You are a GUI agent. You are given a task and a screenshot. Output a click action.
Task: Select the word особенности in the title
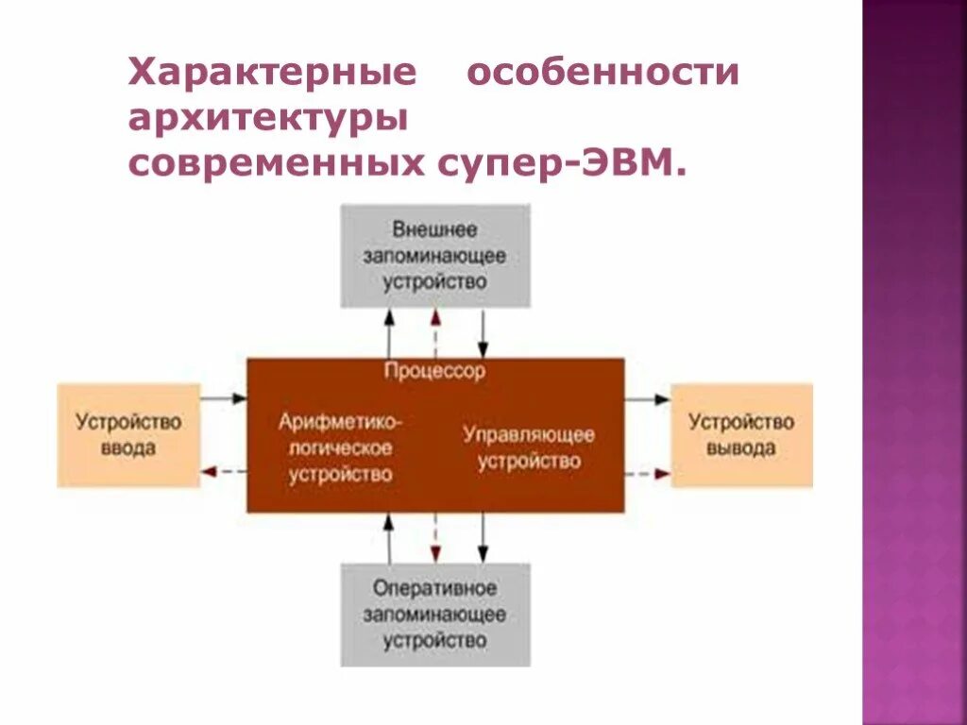pos(604,74)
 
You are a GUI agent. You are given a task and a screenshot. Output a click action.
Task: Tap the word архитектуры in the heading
pos(268,120)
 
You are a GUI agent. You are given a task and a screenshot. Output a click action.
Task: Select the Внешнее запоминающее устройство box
pos(435,256)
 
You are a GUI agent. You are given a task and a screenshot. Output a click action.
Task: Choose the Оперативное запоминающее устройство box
pos(435,615)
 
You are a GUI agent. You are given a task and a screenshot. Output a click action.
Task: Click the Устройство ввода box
pos(128,435)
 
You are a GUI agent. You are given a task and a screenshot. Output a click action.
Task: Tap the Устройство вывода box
pos(741,435)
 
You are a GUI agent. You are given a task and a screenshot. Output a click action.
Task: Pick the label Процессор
pos(435,371)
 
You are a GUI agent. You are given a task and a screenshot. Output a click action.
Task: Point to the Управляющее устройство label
pos(529,448)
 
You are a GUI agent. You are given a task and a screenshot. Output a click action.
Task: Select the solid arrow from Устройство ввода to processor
pos(224,399)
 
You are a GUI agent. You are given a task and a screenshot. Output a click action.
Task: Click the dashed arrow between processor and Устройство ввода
pos(224,471)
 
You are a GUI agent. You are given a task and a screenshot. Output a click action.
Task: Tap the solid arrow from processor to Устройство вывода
pos(647,399)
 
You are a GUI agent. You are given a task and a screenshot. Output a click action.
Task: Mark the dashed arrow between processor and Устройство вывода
pos(647,472)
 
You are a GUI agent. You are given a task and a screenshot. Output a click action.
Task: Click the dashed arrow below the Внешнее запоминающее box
pos(434,332)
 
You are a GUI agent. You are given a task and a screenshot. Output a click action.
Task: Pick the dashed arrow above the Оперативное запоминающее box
pos(434,538)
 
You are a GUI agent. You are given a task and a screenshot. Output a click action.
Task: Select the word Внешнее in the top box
pos(435,229)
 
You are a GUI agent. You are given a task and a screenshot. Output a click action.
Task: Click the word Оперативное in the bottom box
pos(435,588)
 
